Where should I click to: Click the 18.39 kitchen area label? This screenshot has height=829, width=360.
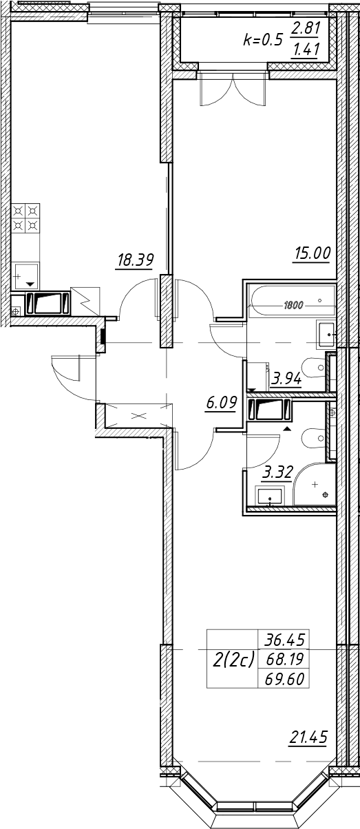click(135, 260)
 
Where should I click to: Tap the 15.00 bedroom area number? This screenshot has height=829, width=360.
click(312, 254)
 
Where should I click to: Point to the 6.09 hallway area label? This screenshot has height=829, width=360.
click(221, 403)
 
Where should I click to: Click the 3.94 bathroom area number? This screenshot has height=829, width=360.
click(286, 379)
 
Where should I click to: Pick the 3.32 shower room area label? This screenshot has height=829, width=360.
click(277, 472)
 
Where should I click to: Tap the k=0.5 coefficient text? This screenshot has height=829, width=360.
click(263, 39)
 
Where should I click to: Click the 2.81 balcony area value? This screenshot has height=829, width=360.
click(305, 28)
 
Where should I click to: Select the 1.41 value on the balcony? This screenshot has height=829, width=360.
click(306, 49)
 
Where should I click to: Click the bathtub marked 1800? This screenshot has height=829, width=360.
click(292, 300)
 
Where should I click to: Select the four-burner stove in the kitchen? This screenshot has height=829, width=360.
click(26, 218)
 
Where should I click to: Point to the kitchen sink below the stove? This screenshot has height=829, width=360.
click(26, 275)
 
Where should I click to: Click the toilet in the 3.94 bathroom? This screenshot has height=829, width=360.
click(313, 368)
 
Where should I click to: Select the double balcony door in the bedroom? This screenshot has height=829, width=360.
click(233, 90)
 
